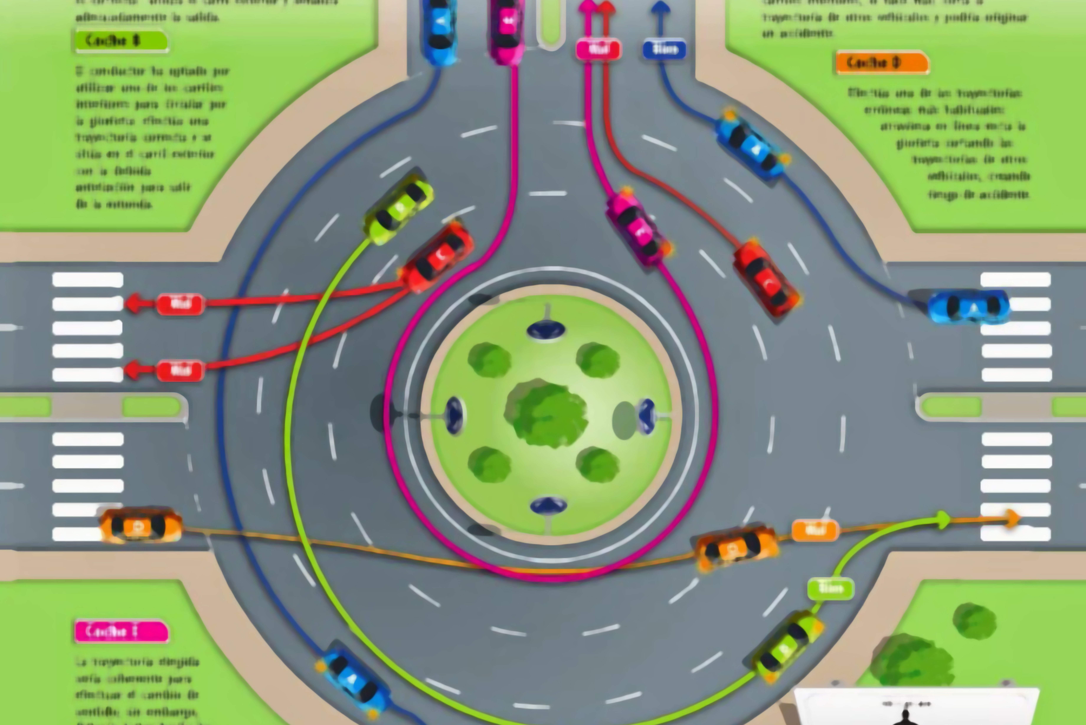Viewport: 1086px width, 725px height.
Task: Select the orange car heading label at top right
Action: [882, 62]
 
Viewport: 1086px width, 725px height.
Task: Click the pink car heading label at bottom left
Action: [121, 631]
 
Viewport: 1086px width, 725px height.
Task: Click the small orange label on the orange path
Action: [815, 530]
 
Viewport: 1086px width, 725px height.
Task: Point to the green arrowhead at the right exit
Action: [943, 520]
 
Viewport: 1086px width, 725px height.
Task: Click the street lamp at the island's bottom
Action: [549, 506]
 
